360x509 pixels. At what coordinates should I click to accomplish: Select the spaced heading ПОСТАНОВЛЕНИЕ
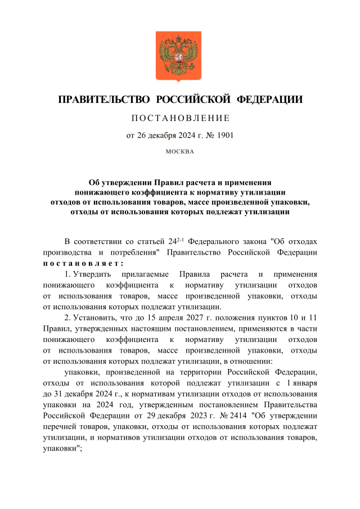179,118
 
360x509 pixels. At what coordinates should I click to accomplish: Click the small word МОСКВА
180,152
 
